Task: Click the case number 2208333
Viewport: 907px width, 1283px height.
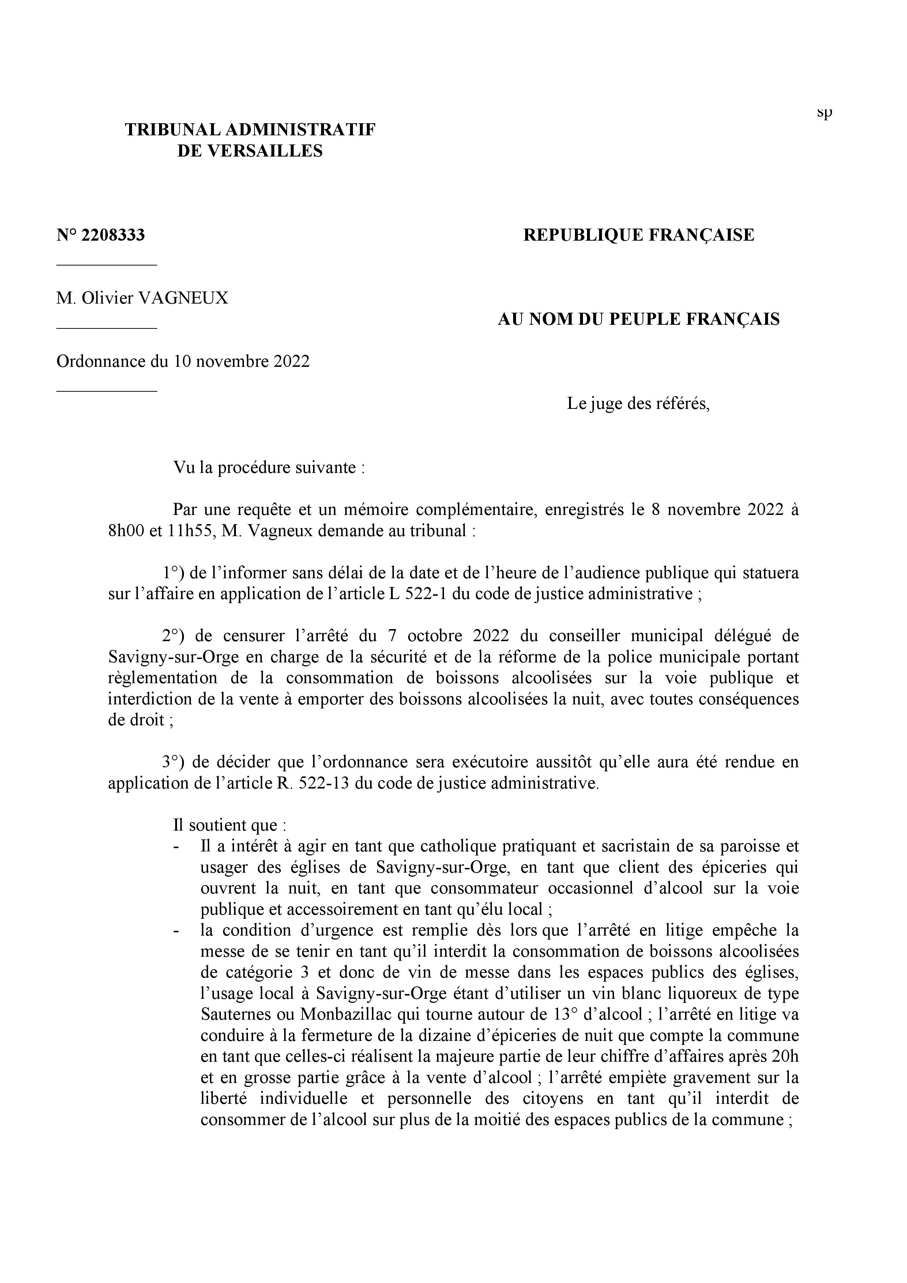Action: pyautogui.click(x=113, y=235)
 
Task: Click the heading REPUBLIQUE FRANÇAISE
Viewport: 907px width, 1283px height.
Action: pyautogui.click(x=638, y=235)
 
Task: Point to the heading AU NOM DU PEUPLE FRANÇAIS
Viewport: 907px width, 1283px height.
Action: pyautogui.click(x=638, y=319)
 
